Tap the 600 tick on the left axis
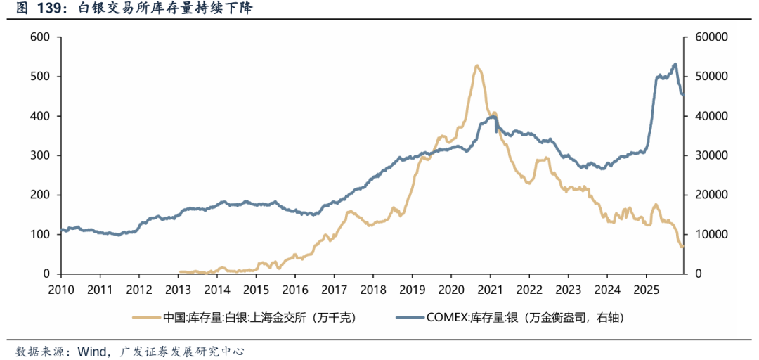point(41,37)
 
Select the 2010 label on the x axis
point(61,289)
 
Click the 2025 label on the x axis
point(646,289)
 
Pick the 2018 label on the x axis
point(373,289)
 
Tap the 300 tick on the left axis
point(41,155)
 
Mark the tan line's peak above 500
point(477,65)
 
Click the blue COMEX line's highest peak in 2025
point(675,64)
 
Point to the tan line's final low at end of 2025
point(682,247)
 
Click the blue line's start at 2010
point(62,229)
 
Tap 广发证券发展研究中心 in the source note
point(182,350)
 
